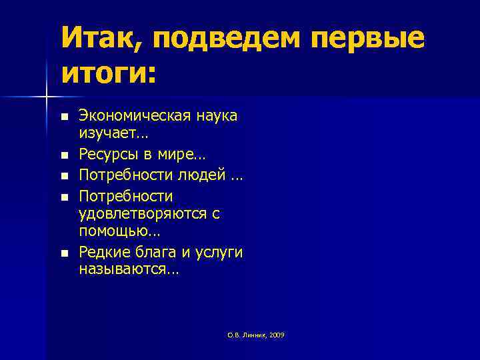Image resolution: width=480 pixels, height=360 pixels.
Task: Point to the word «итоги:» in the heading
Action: (108, 73)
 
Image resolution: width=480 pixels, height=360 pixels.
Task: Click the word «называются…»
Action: (129, 270)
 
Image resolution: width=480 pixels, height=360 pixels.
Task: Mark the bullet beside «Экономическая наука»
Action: (63, 117)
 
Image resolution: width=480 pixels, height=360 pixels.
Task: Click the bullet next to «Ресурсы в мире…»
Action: (63, 156)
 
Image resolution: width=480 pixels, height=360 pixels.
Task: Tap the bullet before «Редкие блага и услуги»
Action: (63, 253)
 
